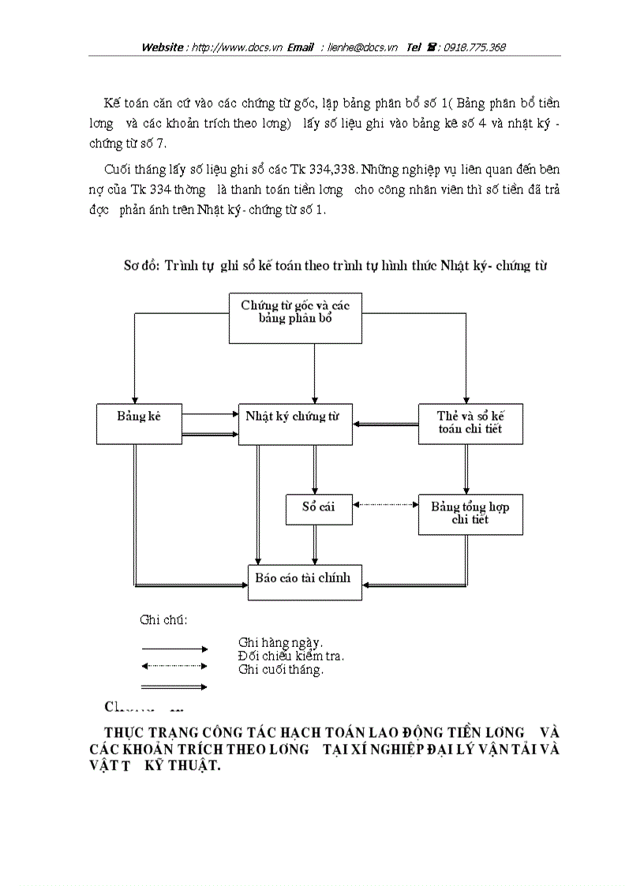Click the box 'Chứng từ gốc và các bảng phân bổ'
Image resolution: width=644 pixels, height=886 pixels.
pos(296,317)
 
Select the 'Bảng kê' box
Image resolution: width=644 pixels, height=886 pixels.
pos(138,424)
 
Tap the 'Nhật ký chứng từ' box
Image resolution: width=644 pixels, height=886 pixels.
pos(295,424)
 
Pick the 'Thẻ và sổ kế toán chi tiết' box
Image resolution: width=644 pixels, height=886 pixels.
pos(470,424)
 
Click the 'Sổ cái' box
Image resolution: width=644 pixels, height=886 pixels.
pos(318,510)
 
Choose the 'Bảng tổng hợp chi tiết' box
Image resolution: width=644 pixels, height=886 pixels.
pos(470,514)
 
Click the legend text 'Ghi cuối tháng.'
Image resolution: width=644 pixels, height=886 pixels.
pos(280,670)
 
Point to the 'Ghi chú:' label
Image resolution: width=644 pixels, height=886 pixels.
pos(163,620)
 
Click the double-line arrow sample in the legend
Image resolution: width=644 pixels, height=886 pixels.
pos(174,687)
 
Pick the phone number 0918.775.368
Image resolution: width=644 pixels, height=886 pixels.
pos(474,47)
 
